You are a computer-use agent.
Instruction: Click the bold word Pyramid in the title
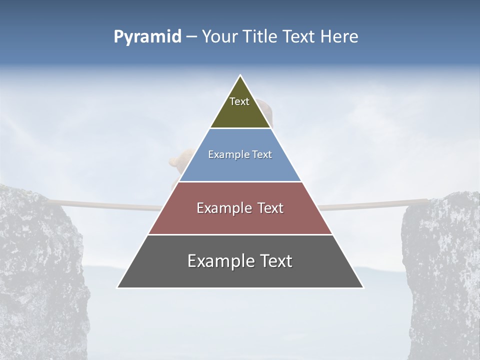click(x=147, y=37)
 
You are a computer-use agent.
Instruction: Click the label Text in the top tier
click(x=239, y=101)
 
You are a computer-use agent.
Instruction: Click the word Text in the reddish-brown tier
click(x=269, y=208)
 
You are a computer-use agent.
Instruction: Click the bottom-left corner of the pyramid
click(x=117, y=287)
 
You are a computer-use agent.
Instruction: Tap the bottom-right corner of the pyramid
click(x=363, y=287)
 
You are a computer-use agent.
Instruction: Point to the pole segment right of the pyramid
click(x=370, y=204)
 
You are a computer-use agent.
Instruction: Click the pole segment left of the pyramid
click(x=105, y=204)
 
